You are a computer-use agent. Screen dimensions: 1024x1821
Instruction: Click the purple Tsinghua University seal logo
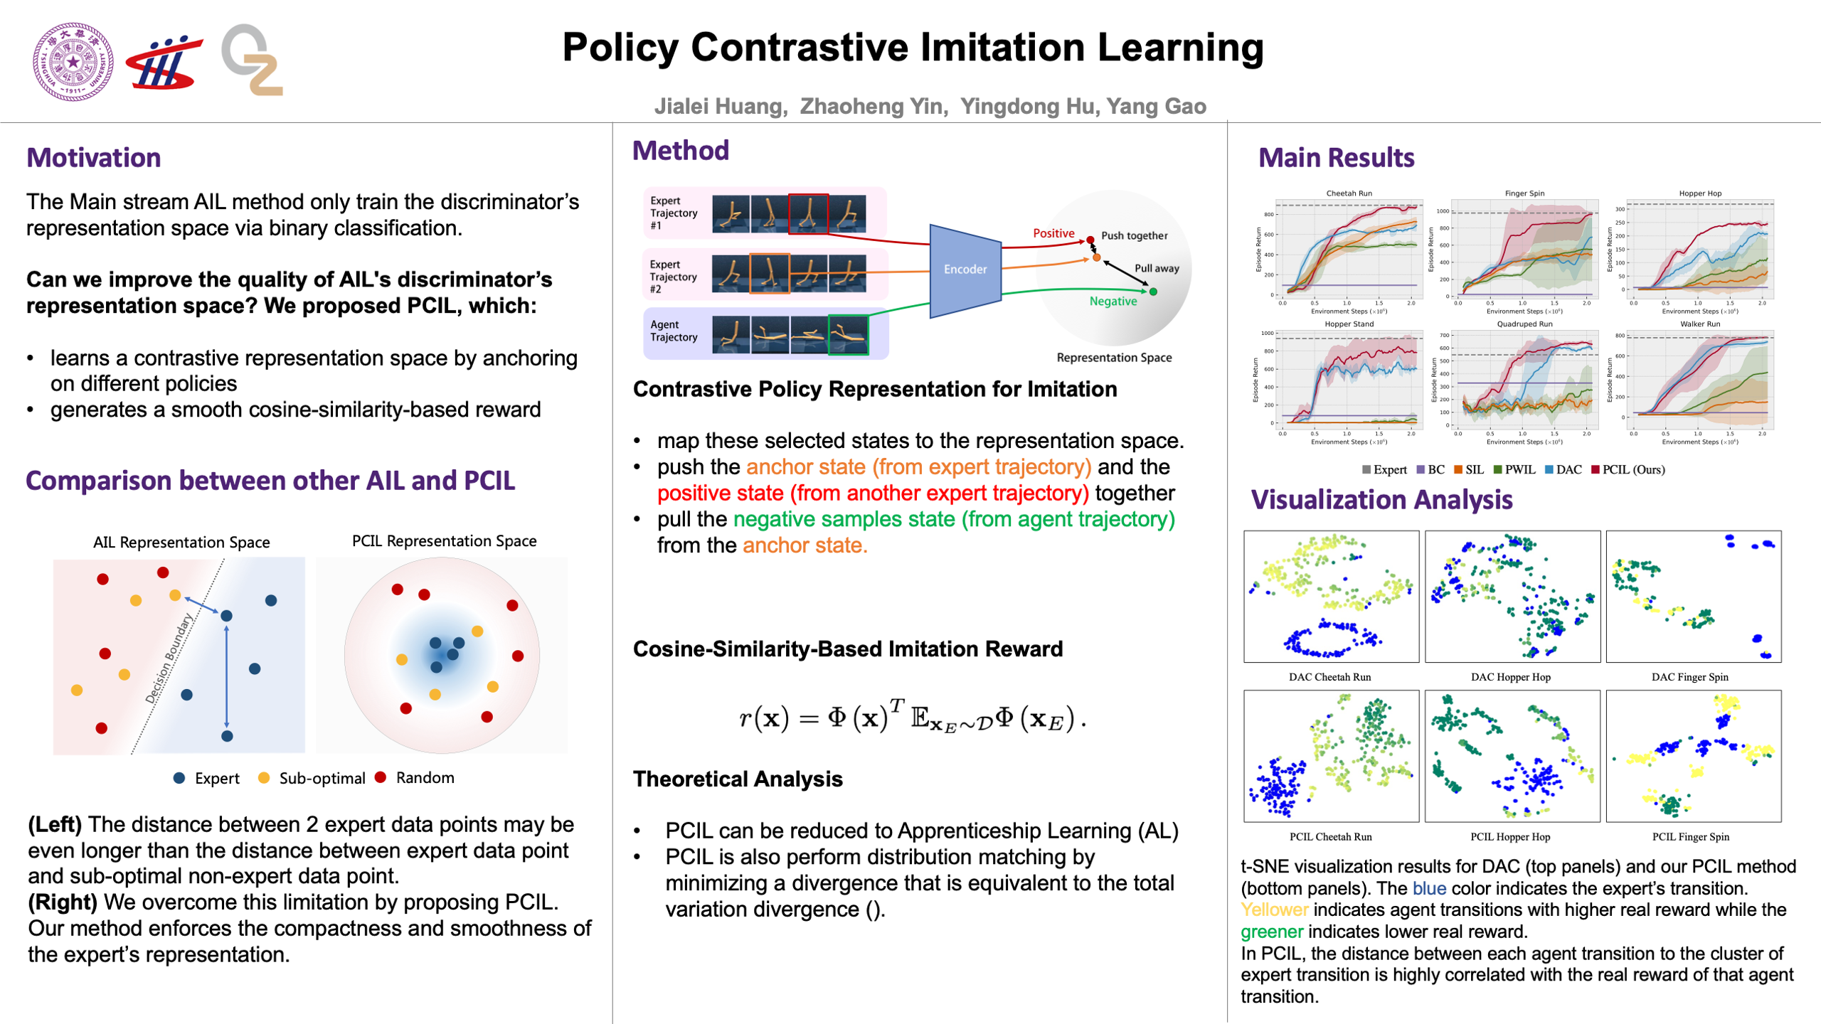pos(73,62)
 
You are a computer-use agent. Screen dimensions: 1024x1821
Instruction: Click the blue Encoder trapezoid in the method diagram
pos(965,270)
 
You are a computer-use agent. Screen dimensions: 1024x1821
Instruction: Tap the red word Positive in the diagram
pos(1053,233)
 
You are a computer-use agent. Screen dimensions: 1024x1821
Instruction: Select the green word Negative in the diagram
pos(1113,302)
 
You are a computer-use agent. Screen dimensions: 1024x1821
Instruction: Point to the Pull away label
pos(1156,268)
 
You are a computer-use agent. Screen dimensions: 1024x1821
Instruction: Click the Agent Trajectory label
pos(673,331)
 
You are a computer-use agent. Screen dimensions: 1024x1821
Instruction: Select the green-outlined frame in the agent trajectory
pos(848,335)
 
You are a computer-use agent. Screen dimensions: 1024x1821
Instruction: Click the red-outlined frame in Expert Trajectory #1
pos(808,213)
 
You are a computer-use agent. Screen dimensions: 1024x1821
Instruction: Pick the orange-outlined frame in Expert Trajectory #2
pos(769,273)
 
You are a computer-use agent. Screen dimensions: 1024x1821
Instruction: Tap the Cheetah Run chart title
pos(1349,193)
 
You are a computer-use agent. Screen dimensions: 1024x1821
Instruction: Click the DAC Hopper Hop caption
pos(1510,677)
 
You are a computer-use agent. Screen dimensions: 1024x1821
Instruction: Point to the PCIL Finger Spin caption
pos(1690,837)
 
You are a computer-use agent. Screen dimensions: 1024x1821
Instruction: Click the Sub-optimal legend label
pos(322,779)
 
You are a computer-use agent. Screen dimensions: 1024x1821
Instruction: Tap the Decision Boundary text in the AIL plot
pos(169,658)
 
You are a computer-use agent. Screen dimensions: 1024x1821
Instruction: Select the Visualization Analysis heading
pos(1381,500)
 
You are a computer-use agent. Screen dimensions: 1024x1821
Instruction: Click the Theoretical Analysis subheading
pos(738,779)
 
